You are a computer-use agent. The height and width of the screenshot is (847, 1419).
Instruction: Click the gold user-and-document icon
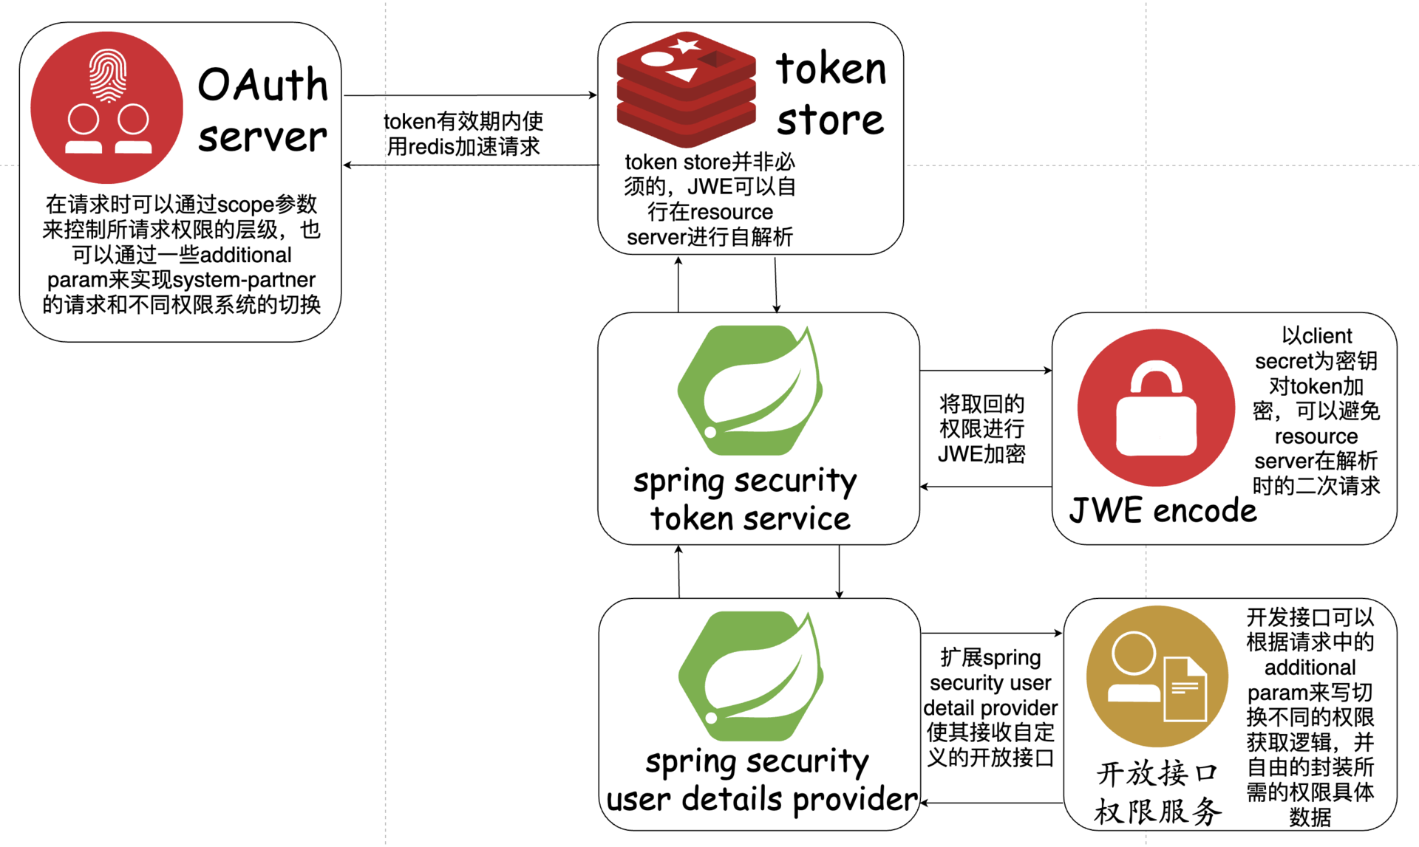pyautogui.click(x=1157, y=676)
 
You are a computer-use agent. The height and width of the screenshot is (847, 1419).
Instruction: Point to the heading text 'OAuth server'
pyautogui.click(x=262, y=109)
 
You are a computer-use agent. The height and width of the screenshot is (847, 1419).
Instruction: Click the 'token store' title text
pyautogui.click(x=831, y=94)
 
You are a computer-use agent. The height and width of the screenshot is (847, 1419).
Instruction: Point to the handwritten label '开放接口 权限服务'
pyautogui.click(x=1157, y=792)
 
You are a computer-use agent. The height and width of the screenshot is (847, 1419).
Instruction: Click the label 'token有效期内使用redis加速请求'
pyautogui.click(x=463, y=134)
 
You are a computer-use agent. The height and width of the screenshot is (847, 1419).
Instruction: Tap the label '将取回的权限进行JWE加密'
pyautogui.click(x=981, y=429)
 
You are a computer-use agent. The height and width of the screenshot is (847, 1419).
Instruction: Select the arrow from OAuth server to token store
pyautogui.click(x=470, y=95)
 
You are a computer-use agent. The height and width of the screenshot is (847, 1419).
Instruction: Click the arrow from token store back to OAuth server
pyautogui.click(x=470, y=165)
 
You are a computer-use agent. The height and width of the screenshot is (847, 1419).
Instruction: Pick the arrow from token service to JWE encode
pyautogui.click(x=985, y=370)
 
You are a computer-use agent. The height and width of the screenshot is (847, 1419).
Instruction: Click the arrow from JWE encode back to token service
pyautogui.click(x=985, y=487)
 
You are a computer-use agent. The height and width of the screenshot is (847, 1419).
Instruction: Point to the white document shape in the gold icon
pyautogui.click(x=1185, y=689)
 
